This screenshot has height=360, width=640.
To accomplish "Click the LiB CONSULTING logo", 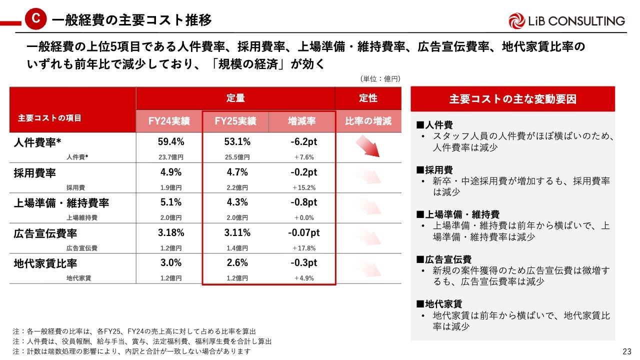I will pyautogui.click(x=566, y=20).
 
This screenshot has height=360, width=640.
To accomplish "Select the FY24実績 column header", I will pyautogui.click(x=169, y=121).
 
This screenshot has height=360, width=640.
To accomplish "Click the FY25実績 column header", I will pyautogui.click(x=235, y=121).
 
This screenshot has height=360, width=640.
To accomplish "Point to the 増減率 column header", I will pyautogui.click(x=301, y=121).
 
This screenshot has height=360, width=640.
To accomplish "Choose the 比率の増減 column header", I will pyautogui.click(x=368, y=121).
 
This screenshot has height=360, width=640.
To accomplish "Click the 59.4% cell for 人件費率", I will pyautogui.click(x=171, y=142).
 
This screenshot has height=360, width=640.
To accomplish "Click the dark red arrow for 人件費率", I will pyautogui.click(x=368, y=146).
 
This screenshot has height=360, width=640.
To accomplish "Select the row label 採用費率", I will pyautogui.click(x=34, y=173).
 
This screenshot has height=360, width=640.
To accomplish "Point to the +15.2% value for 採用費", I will pyautogui.click(x=304, y=187).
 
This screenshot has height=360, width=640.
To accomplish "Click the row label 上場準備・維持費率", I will pyautogui.click(x=61, y=203).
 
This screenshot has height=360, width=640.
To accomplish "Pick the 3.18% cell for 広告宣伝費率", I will pyautogui.click(x=171, y=233).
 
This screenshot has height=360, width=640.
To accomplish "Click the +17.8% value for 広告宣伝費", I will pyautogui.click(x=304, y=248).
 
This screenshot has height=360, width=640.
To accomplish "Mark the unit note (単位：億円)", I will pyautogui.click(x=380, y=78).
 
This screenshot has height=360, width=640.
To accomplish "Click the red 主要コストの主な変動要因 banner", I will pyautogui.click(x=512, y=99).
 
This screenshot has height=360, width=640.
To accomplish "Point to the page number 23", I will pyautogui.click(x=626, y=351).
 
